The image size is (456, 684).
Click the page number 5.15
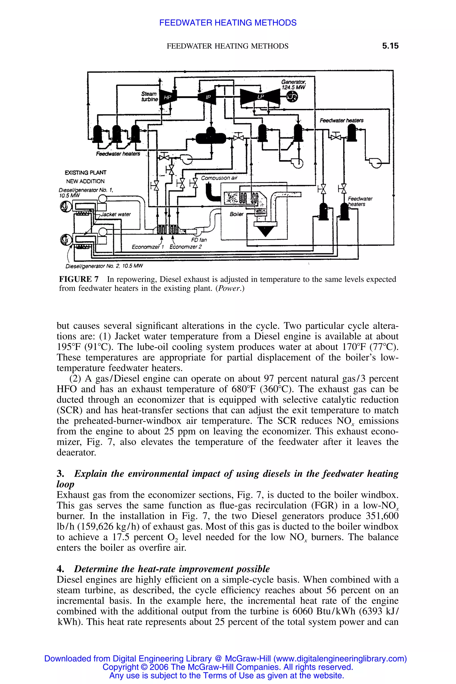pos(390,46)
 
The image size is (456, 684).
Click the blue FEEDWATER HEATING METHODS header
pos(228,23)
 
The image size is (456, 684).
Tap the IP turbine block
pos(207,98)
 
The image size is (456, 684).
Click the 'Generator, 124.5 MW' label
pos(293,85)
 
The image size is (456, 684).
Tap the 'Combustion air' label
pos(219,178)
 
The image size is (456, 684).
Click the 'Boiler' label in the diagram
pos(236,214)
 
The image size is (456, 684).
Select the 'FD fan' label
pos(199,240)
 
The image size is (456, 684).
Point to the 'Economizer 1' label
pos(148,247)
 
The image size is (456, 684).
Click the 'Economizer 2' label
pos(185,247)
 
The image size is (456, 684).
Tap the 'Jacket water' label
pos(116,214)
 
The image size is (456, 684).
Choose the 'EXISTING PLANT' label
pos(85,173)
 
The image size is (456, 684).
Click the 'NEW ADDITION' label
pos(85,181)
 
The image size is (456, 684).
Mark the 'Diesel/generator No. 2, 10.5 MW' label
pos(104,266)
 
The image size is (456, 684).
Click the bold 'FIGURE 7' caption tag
pos(79,279)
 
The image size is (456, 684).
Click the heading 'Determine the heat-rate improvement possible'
pos(172,569)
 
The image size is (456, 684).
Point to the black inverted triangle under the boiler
pos(265,231)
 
